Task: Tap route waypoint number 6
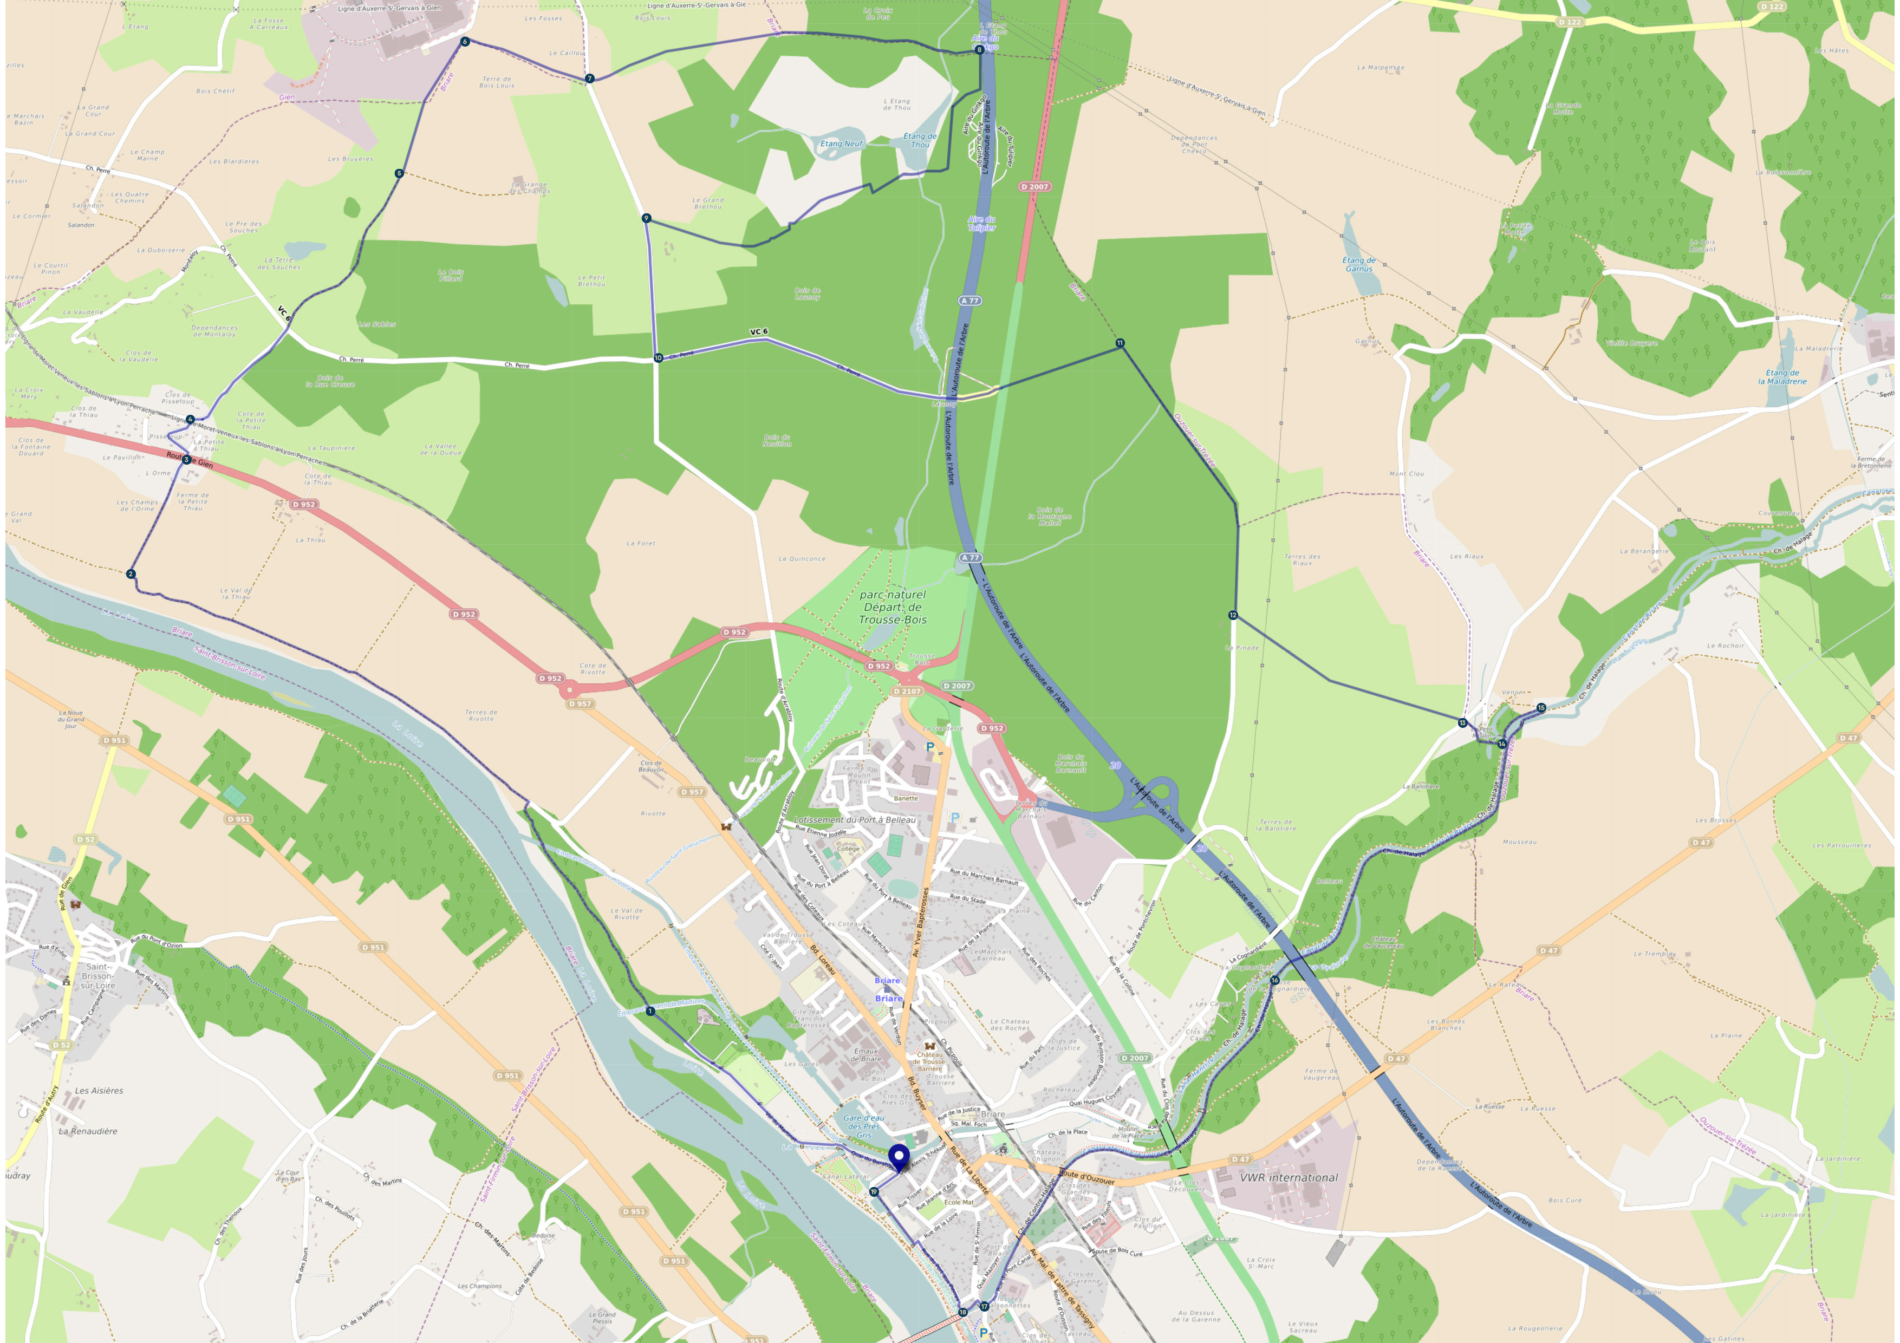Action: coord(465,41)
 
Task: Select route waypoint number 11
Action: coord(1120,343)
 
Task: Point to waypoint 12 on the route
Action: coord(1233,615)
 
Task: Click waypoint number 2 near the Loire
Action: coord(131,573)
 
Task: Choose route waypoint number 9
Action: coord(646,218)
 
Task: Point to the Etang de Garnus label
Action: coord(1359,264)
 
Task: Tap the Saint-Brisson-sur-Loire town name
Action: coord(99,976)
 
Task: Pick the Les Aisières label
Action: coord(99,1091)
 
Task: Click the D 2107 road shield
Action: coord(908,691)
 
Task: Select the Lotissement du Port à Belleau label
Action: coord(854,819)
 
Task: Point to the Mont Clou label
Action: coord(1406,474)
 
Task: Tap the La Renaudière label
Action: coord(88,1131)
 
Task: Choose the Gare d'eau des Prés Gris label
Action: coord(863,1125)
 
